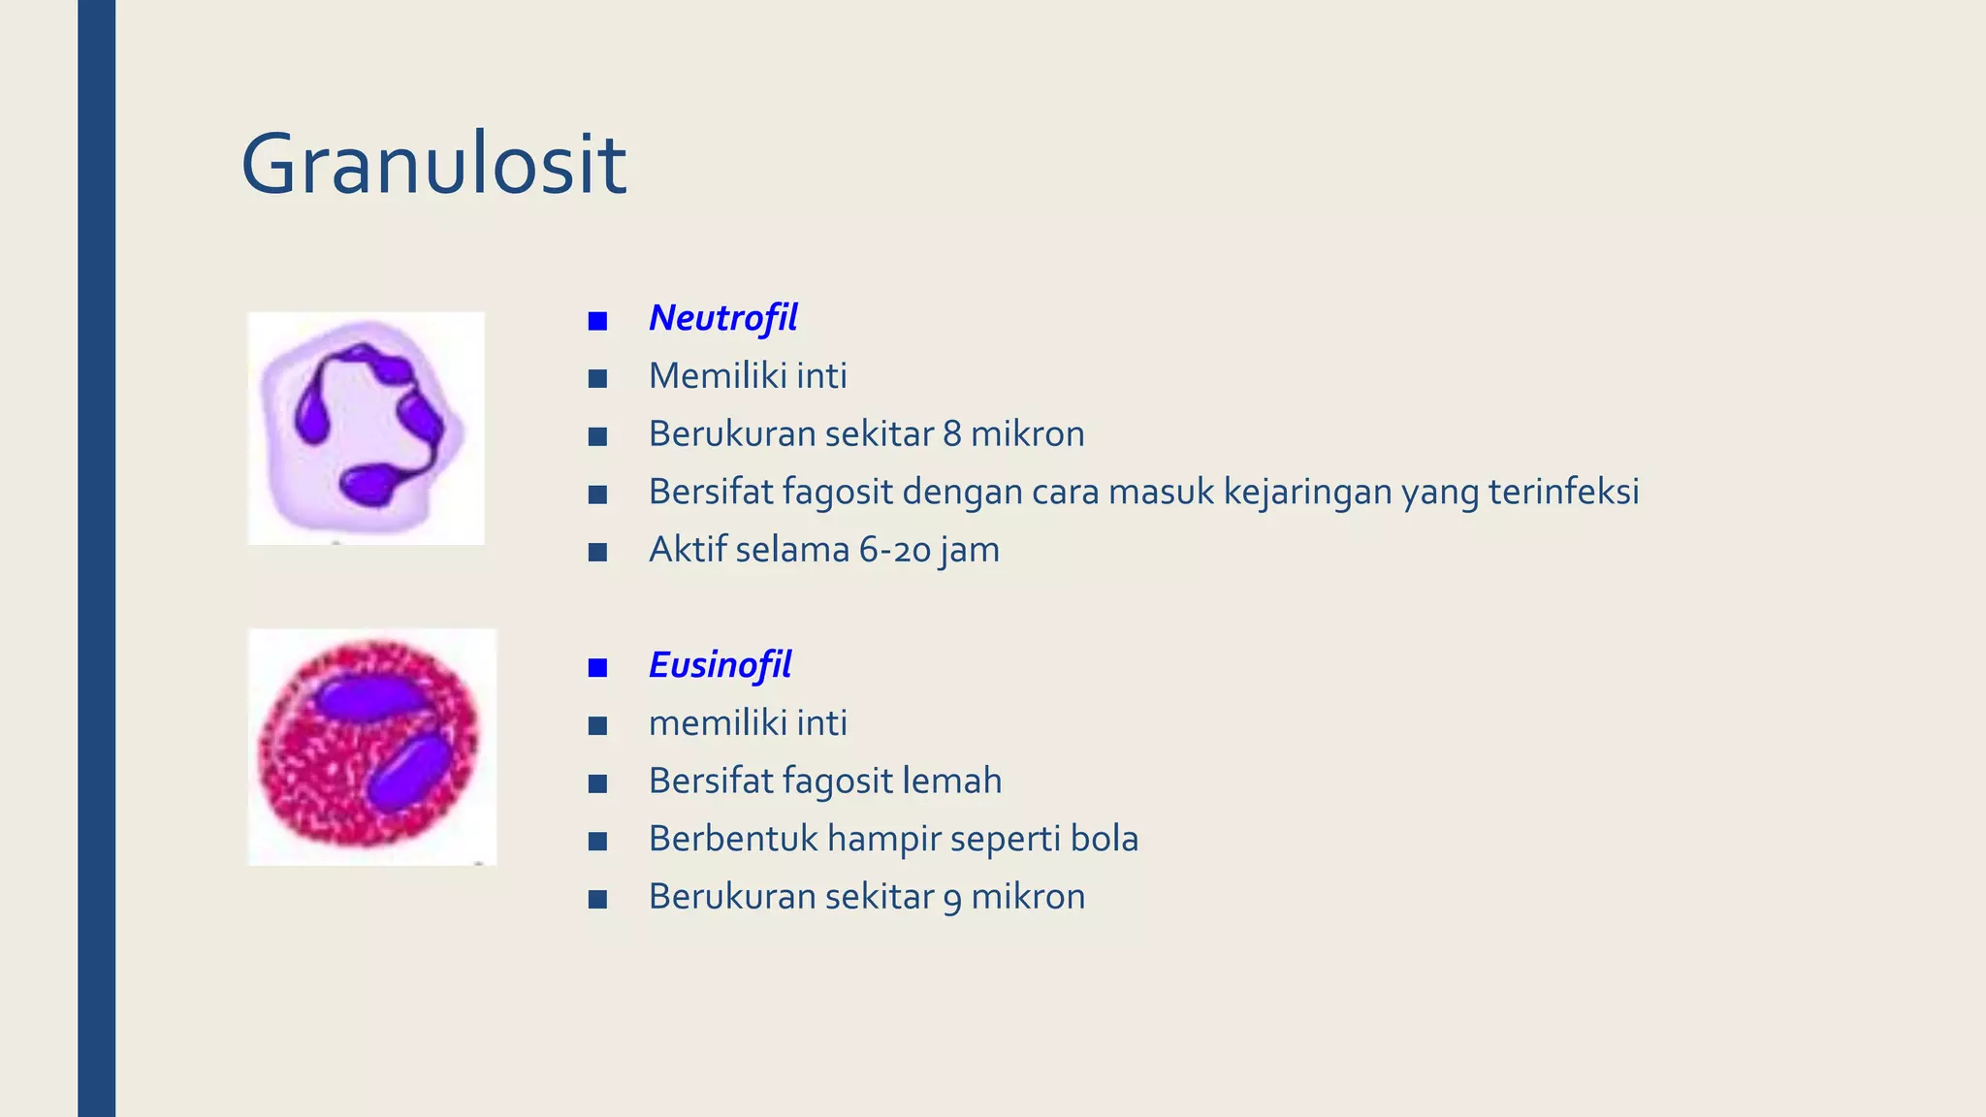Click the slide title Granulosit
(433, 165)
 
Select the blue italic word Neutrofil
(722, 318)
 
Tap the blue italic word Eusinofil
(720, 665)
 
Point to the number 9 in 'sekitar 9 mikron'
(952, 898)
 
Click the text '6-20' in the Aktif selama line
(895, 550)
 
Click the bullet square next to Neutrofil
(597, 321)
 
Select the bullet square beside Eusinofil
(597, 667)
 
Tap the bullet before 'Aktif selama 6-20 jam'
(597, 553)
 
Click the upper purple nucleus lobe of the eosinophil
(367, 697)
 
